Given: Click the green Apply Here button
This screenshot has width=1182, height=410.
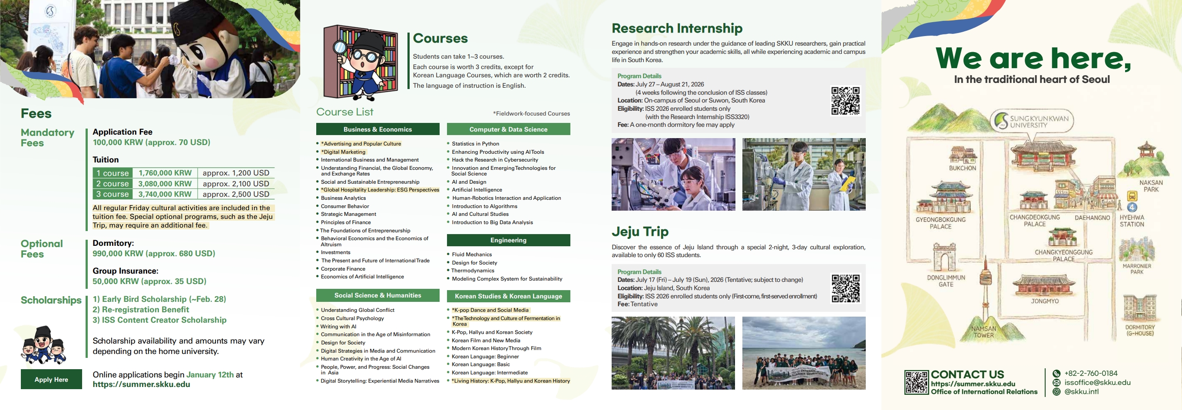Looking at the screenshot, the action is pos(51,379).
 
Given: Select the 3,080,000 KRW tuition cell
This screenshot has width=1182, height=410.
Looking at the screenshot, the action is pos(165,183).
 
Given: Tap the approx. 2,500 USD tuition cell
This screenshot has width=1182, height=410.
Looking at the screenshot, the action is pos(236,194).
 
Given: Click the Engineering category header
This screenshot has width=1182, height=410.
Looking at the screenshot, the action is pos(508,240).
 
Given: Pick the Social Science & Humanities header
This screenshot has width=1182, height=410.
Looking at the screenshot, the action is pos(377,295).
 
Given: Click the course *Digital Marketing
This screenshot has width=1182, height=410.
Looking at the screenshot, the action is pos(343,152).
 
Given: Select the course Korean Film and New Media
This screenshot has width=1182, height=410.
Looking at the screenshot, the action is pos(486,340).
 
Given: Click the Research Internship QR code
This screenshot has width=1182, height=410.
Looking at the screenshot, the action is pos(846,101).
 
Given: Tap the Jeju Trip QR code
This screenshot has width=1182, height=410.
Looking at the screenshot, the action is pos(846,288).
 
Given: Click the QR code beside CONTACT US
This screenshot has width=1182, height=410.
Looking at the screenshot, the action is pos(916,383).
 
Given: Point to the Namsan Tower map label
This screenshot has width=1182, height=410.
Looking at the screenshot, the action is pos(984,332).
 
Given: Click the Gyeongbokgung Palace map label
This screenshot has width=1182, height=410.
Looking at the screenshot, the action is pos(940,223).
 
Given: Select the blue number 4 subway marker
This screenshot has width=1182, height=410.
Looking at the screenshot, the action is pos(1132,207).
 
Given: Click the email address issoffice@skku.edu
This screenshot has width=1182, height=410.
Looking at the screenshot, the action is pos(1097,383).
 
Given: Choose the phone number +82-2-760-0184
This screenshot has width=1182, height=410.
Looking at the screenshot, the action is pos(1091,374).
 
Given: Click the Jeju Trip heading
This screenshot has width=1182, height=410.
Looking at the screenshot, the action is pos(640,231).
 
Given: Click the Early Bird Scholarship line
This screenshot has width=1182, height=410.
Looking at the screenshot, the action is pos(159,299).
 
